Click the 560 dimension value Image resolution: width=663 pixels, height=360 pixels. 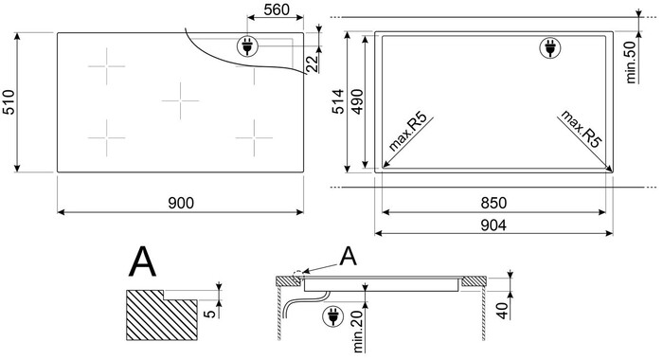click(277, 9)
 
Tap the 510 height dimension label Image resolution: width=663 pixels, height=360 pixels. click(9, 102)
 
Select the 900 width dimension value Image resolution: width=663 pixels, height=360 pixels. click(181, 203)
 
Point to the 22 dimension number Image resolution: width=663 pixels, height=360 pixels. click(312, 63)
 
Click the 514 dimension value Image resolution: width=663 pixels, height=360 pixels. click(338, 101)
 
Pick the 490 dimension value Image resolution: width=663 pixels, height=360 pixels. click(357, 101)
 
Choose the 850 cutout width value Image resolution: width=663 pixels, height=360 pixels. click(493, 203)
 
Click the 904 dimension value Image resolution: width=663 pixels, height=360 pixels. click(493, 225)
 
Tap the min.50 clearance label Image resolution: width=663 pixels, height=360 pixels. click(631, 63)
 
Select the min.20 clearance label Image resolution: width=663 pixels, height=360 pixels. click(359, 333)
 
